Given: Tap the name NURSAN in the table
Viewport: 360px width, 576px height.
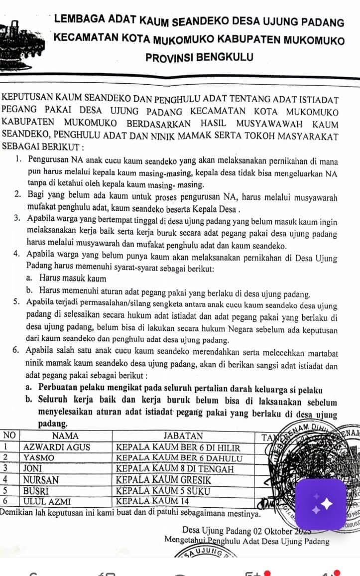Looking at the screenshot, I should pyautogui.click(x=41, y=480).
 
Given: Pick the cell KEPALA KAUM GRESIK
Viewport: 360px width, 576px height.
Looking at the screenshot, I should pyautogui.click(x=164, y=480).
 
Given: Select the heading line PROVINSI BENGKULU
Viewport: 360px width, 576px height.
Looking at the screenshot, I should pyautogui.click(x=199, y=58).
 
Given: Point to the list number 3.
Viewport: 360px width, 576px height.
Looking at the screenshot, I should pyautogui.click(x=17, y=218).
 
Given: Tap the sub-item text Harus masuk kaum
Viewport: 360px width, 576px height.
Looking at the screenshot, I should pyautogui.click(x=73, y=279).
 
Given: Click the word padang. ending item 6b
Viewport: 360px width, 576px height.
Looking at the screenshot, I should pyautogui.click(x=53, y=424).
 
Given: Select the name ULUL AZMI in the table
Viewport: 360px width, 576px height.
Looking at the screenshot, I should pyautogui.click(x=47, y=501).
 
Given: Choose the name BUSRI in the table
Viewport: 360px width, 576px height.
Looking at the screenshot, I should pyautogui.click(x=37, y=491).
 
